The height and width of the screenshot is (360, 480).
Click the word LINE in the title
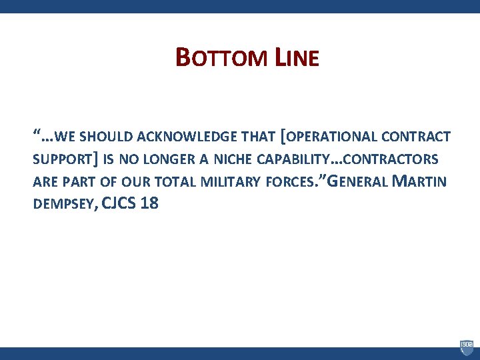[x=297, y=58]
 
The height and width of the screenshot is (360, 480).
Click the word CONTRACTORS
[x=393, y=160]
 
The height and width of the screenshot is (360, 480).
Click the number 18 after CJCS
[x=149, y=204]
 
